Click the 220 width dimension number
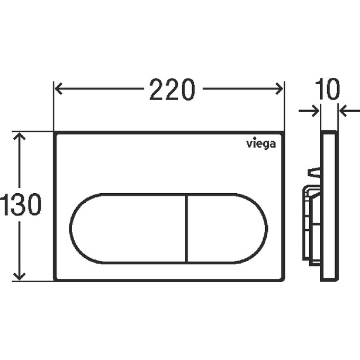(172, 89)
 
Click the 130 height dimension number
(21, 204)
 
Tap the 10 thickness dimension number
(327, 89)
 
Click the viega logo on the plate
(261, 144)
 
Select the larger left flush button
(128, 229)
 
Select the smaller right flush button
(228, 229)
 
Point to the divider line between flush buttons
(187, 229)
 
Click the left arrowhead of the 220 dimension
(58, 88)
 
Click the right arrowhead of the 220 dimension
(280, 88)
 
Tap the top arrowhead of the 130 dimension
(19, 136)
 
